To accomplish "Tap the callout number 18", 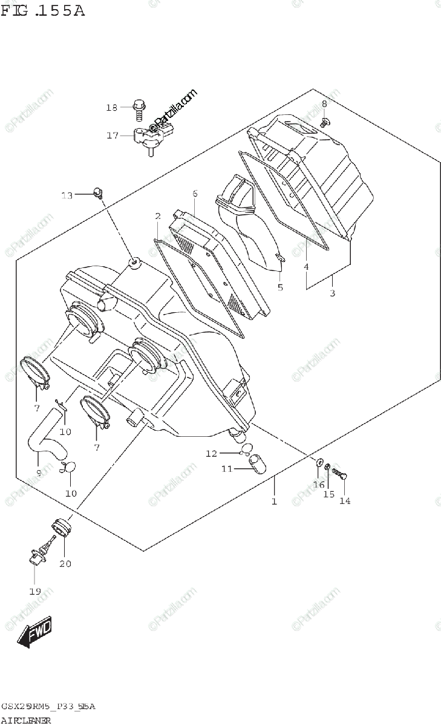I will click(111, 108).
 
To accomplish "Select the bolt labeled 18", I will click(139, 109).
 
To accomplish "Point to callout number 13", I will click(67, 195).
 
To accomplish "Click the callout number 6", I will click(195, 194).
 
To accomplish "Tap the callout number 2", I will click(157, 216).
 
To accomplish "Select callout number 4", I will click(306, 266).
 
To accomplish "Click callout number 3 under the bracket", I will click(332, 293).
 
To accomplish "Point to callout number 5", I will click(280, 287).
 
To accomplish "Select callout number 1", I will click(274, 502).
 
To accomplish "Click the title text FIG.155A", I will click(44, 10).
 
